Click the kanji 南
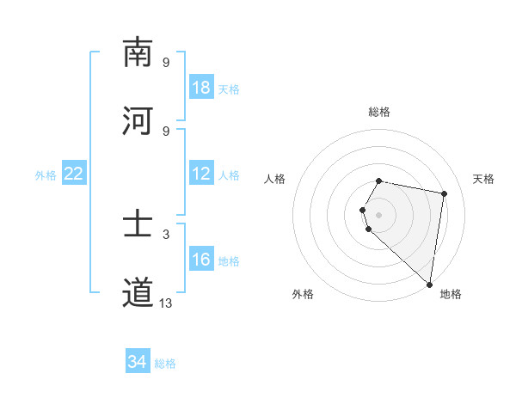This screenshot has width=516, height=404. tap(138, 53)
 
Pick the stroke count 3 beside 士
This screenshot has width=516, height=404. tap(166, 234)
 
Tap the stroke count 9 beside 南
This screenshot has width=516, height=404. tap(166, 62)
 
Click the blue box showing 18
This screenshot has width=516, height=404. tap(201, 88)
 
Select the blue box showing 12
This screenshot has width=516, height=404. tap(201, 174)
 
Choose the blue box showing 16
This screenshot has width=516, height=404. tap(201, 260)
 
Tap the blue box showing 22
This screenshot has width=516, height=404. tap(74, 174)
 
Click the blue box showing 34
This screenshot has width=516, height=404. tap(138, 362)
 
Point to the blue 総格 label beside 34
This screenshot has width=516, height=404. tap(165, 364)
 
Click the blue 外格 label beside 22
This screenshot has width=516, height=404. tap(46, 175)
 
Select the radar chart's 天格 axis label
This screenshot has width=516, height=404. tap(484, 179)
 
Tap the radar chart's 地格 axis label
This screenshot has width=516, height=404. tap(451, 294)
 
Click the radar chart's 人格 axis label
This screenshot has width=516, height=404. tap(275, 179)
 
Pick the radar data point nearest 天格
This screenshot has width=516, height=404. tap(444, 193)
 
